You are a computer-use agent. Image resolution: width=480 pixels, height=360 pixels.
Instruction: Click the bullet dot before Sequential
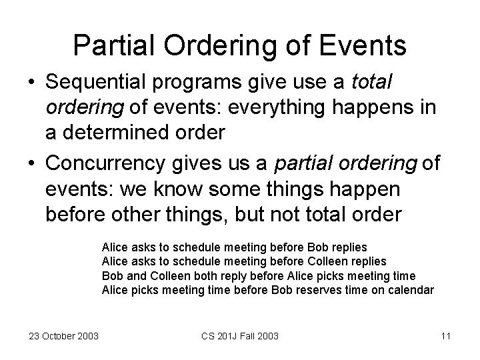point(31,83)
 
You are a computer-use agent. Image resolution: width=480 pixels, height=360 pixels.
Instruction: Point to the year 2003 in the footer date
point(87,335)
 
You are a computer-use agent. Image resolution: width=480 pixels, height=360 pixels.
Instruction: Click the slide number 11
point(445,335)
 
